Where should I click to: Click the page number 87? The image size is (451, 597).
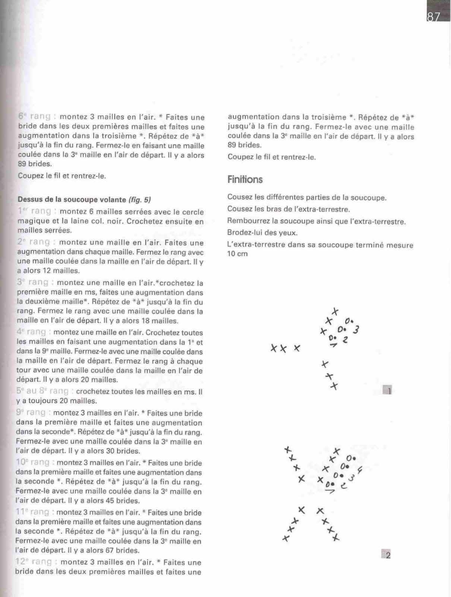pos(433,17)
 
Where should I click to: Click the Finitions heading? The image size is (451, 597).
pos(245,179)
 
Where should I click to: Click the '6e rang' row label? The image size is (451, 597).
pos(35,117)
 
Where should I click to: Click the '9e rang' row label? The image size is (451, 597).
pos(33,412)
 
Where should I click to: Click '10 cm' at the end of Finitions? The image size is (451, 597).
pos(235,254)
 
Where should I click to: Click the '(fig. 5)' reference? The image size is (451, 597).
pos(140,200)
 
